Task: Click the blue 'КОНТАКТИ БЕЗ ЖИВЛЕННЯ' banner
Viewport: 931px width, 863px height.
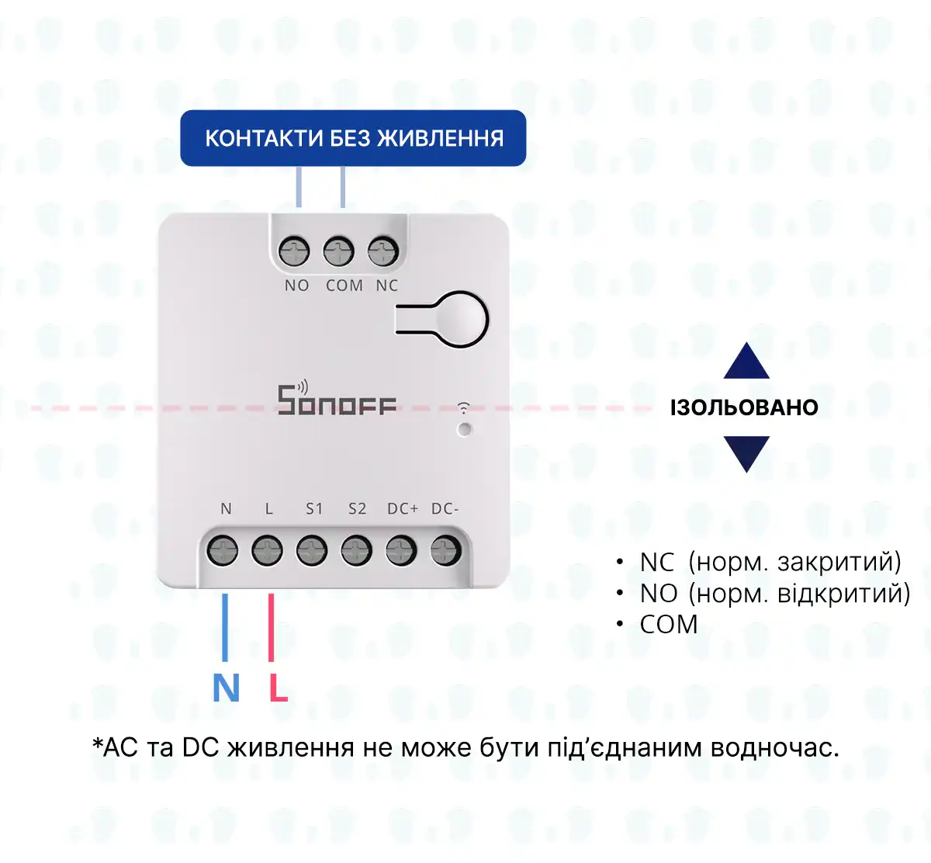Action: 353,138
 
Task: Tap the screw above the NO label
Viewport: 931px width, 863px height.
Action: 295,251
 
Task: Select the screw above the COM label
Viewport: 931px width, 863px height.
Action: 339,251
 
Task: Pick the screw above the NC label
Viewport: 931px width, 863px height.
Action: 383,251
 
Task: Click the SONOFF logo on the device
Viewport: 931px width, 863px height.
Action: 337,400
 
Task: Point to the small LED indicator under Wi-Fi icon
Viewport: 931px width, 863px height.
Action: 464,429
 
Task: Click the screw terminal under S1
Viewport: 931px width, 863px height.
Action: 312,551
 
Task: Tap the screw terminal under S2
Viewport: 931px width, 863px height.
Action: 356,551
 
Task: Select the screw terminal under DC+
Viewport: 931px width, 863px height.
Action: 401,551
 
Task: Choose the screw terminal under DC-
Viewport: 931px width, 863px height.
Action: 446,551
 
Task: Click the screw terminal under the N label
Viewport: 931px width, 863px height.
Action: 223,551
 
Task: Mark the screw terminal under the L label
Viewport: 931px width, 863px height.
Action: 267,551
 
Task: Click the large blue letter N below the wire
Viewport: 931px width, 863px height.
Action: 226,688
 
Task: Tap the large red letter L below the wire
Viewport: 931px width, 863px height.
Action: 278,688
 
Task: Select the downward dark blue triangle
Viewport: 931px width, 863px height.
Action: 746,452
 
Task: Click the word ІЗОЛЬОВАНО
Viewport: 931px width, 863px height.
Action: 744,407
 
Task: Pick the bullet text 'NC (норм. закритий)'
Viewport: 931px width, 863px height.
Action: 770,562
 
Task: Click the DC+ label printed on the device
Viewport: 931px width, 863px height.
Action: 403,509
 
